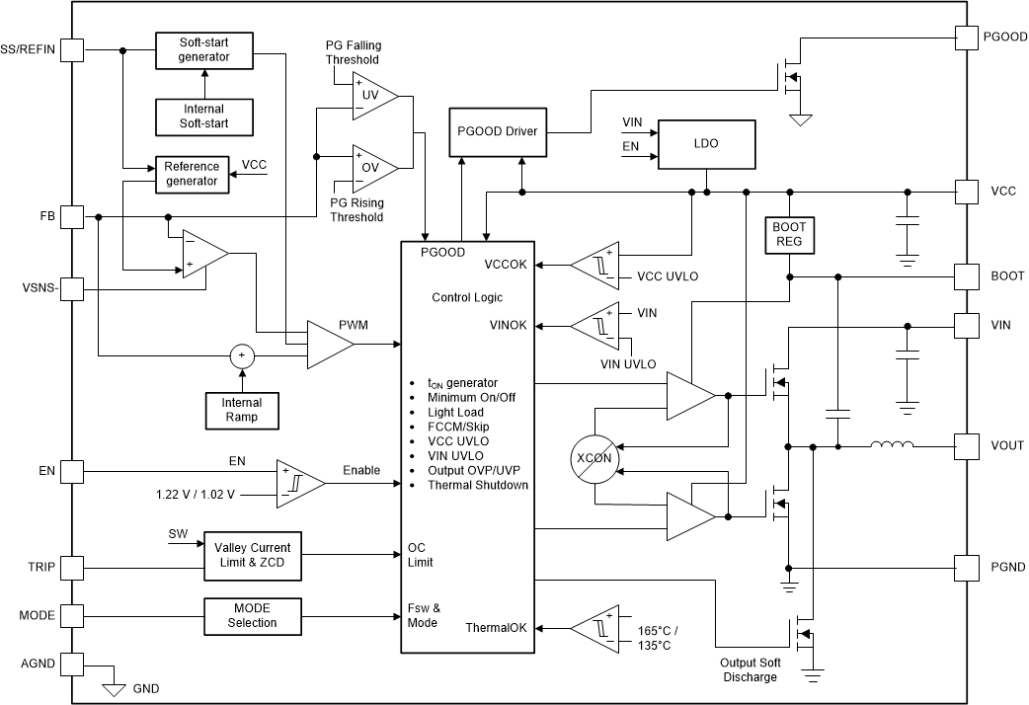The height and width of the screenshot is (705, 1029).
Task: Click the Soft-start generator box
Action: pyautogui.click(x=203, y=49)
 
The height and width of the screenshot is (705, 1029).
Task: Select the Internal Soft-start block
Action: pyautogui.click(x=203, y=117)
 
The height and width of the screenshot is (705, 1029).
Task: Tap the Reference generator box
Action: pyautogui.click(x=191, y=174)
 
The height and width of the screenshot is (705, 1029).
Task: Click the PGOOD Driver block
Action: pyautogui.click(x=498, y=131)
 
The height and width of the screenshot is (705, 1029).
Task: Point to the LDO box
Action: pyautogui.click(x=706, y=143)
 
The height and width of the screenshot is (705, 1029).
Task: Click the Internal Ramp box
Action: pyautogui.click(x=241, y=410)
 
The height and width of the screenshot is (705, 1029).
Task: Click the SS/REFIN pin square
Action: pyautogui.click(x=72, y=49)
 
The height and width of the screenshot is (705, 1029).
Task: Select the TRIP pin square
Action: pyautogui.click(x=72, y=568)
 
